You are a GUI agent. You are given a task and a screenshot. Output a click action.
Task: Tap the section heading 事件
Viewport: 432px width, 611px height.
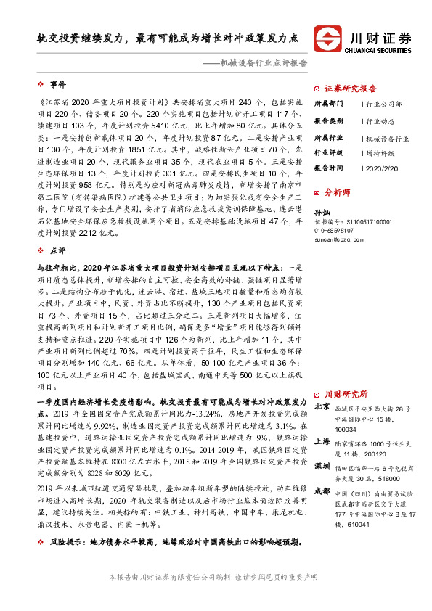[58, 85]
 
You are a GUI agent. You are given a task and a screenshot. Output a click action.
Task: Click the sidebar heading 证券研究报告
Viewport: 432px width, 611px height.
[352, 86]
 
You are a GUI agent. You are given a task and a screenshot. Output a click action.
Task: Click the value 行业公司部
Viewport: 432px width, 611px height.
[384, 104]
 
